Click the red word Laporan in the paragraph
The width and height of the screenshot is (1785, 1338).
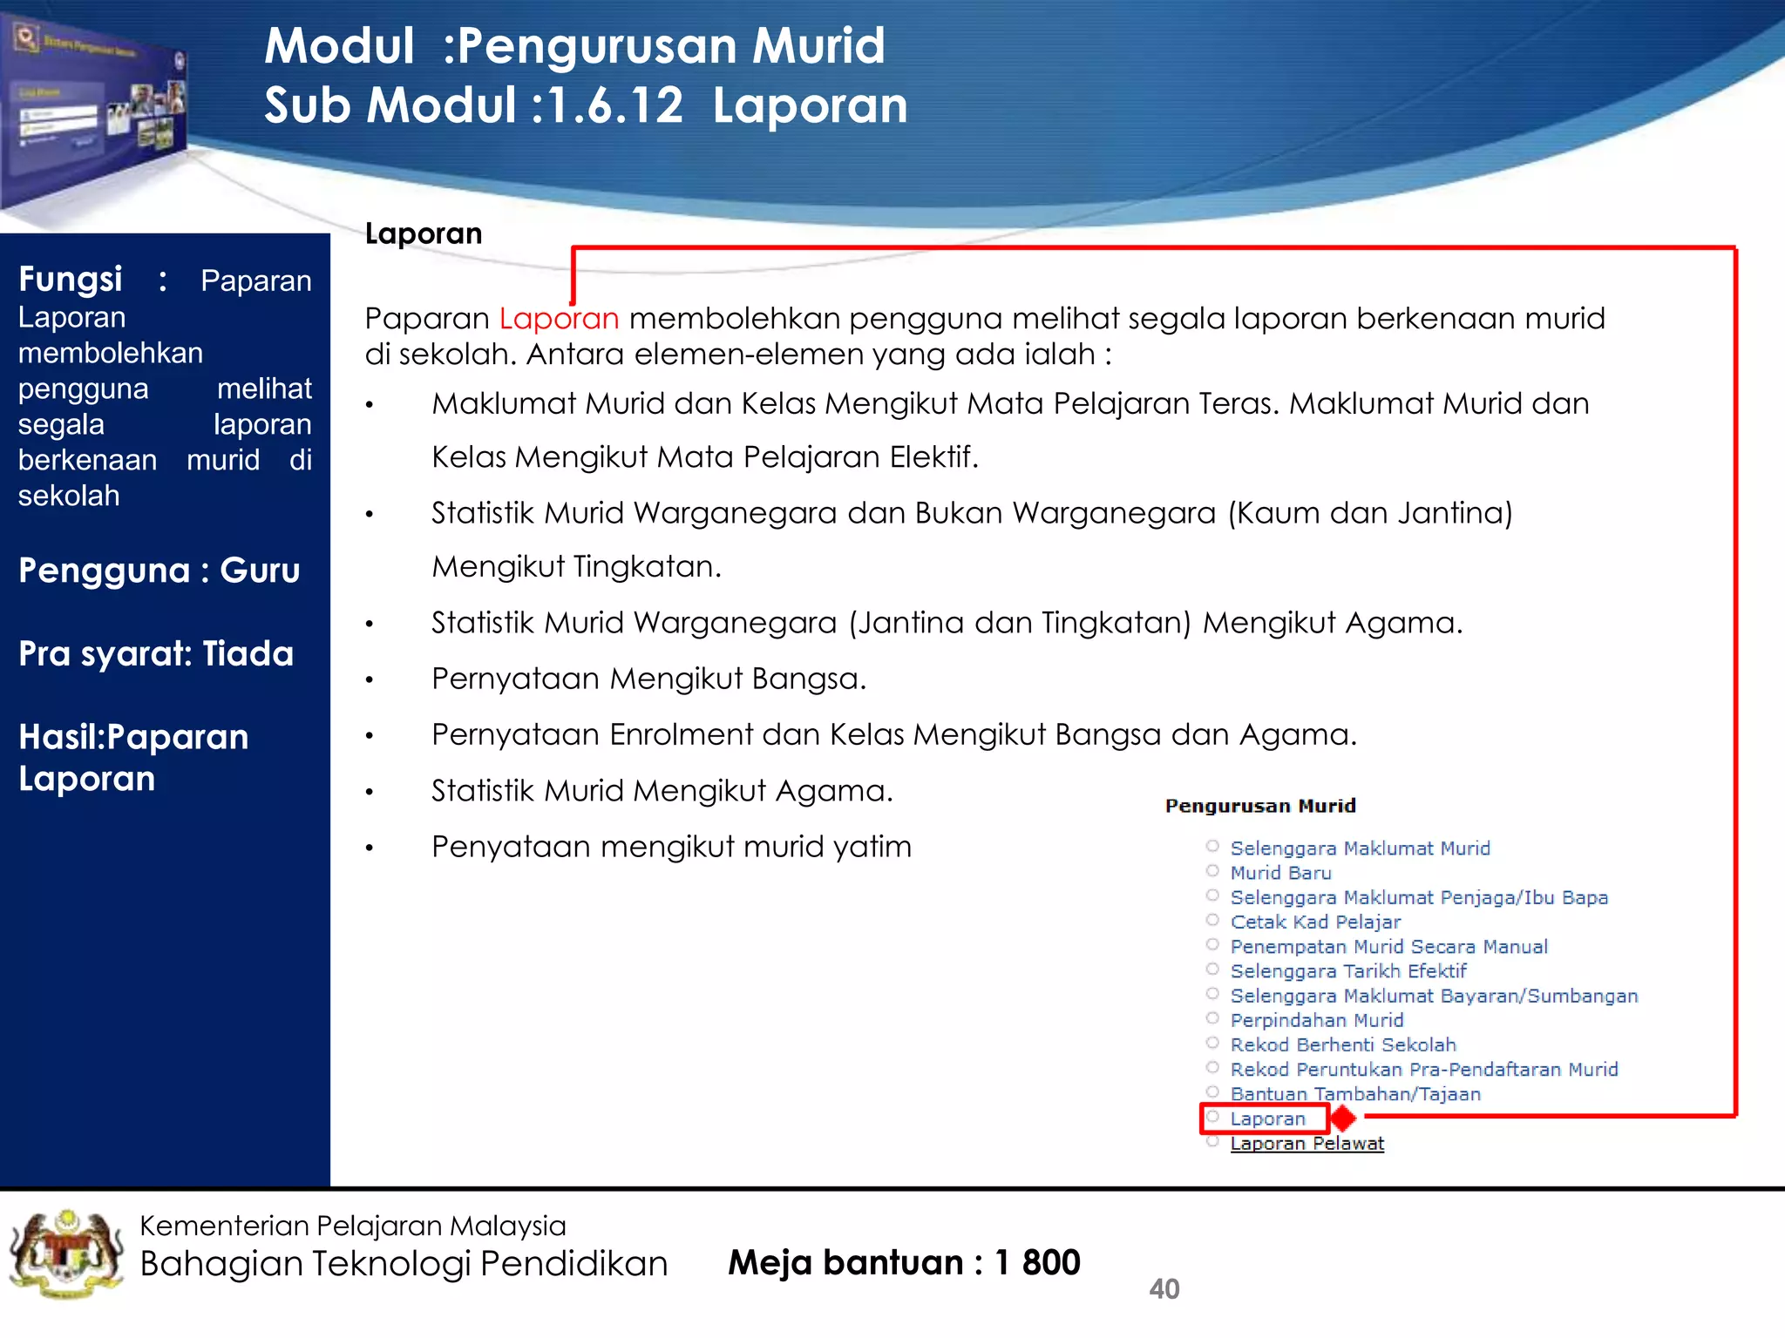[x=559, y=319]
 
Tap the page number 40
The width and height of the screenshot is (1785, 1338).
[x=1164, y=1288]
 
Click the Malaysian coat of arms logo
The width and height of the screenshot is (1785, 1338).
[x=66, y=1254]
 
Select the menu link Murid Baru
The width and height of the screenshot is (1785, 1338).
[x=1280, y=873]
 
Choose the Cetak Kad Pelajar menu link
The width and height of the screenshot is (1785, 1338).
[x=1315, y=922]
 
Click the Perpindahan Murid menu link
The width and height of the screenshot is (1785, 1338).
[x=1316, y=1020]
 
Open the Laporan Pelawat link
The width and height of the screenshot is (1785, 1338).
[x=1307, y=1144]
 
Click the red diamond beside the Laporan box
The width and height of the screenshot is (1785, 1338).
[x=1344, y=1118]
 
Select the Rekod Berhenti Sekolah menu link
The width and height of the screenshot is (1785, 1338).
[x=1342, y=1044]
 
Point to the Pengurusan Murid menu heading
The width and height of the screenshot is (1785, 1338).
[x=1260, y=806]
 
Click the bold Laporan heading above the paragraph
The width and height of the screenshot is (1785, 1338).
[x=424, y=233]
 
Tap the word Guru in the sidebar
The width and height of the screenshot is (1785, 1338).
[x=260, y=571]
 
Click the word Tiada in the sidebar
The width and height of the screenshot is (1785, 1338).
[x=248, y=654]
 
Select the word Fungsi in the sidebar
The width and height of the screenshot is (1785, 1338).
[x=71, y=280]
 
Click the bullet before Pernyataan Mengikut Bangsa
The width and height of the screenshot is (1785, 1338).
[x=370, y=680]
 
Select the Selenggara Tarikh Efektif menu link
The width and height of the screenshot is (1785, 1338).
[x=1347, y=971]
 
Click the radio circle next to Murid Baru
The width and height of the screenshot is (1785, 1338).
[x=1212, y=871]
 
